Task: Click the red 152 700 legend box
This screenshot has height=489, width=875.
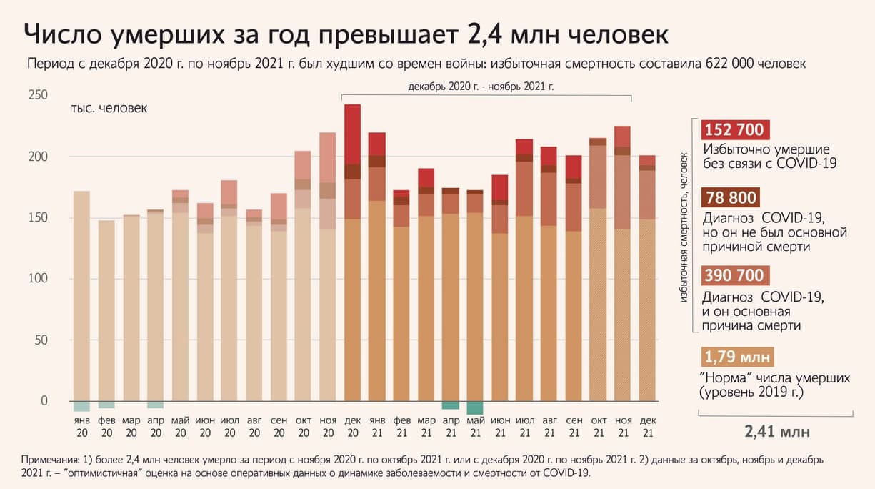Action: pos(734,130)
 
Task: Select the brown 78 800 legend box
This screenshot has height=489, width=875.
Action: pos(731,198)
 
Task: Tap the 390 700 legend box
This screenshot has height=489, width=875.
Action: pos(734,275)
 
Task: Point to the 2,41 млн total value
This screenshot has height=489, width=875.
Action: pos(777,433)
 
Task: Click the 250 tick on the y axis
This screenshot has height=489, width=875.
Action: pos(38,96)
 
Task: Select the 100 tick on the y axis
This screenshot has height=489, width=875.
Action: pos(38,279)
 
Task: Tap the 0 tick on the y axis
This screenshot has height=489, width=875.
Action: pos(44,401)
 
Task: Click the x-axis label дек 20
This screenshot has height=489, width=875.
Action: pos(352,427)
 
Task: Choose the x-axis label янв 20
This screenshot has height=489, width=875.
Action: pos(82,427)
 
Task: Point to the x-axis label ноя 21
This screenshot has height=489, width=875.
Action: pos(623,427)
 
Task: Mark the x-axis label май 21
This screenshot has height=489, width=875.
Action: pos(475,427)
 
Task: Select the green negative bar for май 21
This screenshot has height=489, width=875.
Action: pos(475,408)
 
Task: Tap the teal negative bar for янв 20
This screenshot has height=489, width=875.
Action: pos(82,406)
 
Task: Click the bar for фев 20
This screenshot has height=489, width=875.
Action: pos(106,310)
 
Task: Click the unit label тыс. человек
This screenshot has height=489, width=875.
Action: pos(109,109)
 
